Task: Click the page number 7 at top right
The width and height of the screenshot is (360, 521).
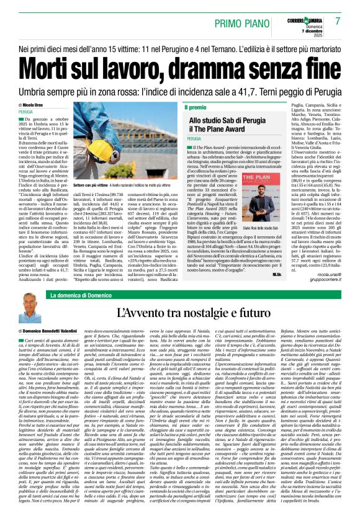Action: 338,21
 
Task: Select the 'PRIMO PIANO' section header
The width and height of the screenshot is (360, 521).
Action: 245,23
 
